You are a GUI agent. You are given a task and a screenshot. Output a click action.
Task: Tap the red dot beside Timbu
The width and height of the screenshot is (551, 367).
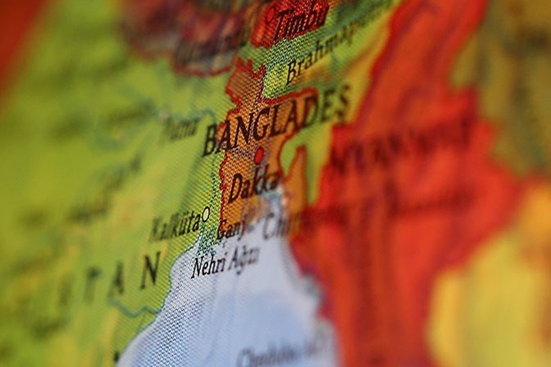pyautogui.click(x=271, y=14)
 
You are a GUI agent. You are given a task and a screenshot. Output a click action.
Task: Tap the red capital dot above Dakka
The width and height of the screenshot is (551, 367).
pyautogui.click(x=259, y=155)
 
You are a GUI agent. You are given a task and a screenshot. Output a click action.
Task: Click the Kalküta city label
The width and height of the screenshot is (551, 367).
pyautogui.click(x=175, y=226)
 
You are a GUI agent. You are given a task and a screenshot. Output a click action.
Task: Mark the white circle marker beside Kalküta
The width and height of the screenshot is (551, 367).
pyautogui.click(x=206, y=213)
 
